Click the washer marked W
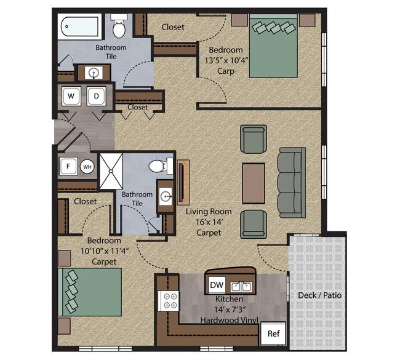click(71, 96)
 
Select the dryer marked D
click(96, 96)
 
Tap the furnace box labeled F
click(68, 166)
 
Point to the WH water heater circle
click(87, 167)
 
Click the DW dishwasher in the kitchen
click(217, 285)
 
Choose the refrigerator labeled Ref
click(273, 334)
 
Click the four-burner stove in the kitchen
click(169, 301)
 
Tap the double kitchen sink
click(241, 287)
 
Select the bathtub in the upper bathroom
click(80, 26)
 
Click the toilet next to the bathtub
click(119, 26)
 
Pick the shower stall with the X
click(111, 171)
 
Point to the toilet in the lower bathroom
click(161, 166)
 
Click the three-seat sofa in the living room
click(291, 183)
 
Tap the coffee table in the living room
click(254, 183)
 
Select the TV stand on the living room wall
click(183, 182)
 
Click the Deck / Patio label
click(319, 295)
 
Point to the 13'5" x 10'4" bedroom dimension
click(226, 60)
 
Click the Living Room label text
click(209, 212)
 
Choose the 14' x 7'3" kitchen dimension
click(230, 310)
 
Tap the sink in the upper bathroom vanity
click(94, 73)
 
